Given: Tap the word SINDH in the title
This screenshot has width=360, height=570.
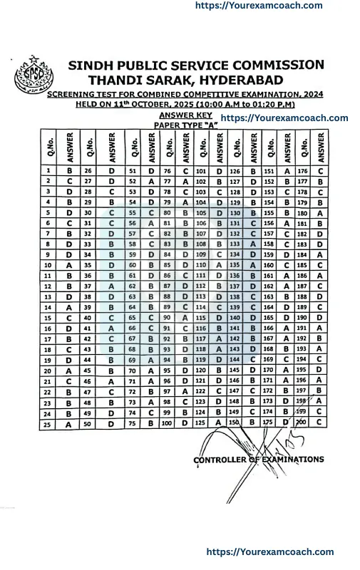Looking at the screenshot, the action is point(93,65).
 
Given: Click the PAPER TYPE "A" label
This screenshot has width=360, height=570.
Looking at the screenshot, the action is point(185,125).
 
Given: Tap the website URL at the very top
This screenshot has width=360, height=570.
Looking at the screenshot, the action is point(259,6).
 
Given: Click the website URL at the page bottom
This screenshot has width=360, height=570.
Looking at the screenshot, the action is point(269,551).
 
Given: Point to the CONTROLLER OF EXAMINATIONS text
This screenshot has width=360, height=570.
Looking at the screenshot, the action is point(258,460).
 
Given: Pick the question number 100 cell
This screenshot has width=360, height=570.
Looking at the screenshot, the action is point(167,423).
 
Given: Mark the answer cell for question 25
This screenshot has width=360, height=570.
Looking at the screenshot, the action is point(69,424).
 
